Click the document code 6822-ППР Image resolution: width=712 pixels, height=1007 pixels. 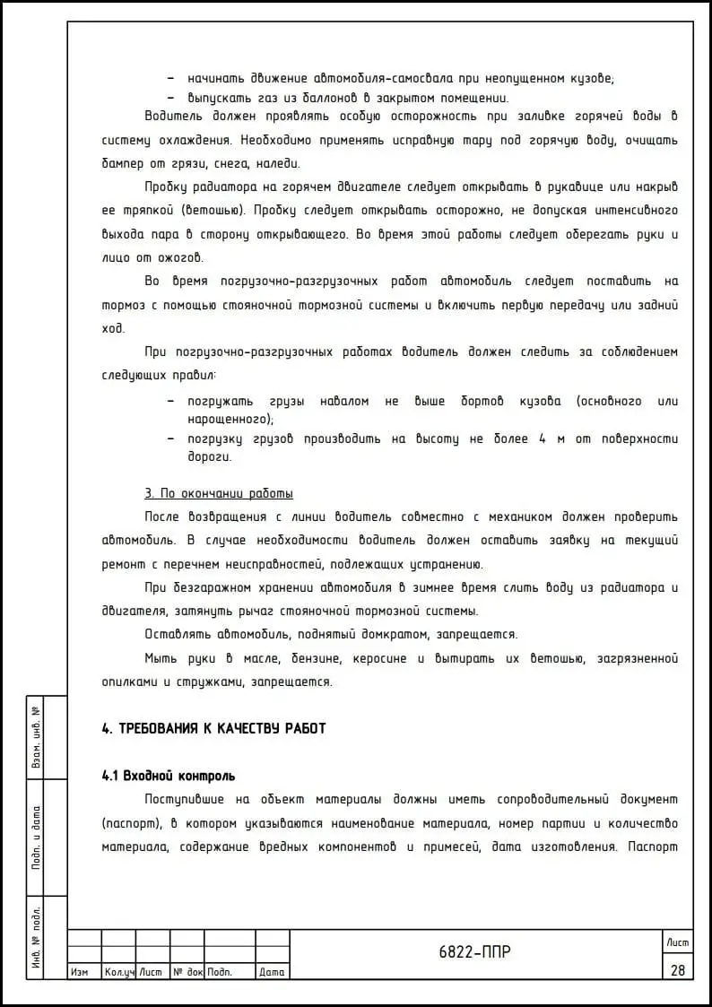(474, 952)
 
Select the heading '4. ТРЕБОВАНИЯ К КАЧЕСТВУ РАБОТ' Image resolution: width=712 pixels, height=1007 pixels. (213, 729)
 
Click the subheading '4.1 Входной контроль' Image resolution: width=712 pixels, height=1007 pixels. (169, 776)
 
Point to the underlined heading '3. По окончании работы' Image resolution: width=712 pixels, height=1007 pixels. (219, 494)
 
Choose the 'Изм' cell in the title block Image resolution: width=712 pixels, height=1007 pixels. (79, 972)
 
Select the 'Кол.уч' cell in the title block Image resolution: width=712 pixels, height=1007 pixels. (118, 972)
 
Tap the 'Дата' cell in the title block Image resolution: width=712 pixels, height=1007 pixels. (272, 972)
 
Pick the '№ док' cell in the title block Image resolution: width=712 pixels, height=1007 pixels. (187, 972)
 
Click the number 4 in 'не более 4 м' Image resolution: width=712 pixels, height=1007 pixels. (543, 439)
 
